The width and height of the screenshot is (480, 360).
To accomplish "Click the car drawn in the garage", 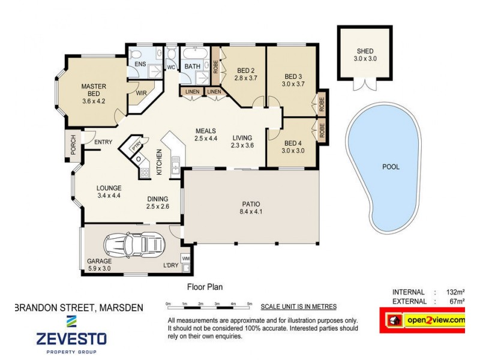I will click(x=134, y=244).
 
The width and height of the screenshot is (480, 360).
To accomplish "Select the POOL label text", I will click(x=391, y=167).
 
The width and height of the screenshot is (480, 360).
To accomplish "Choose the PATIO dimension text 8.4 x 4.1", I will click(x=251, y=211).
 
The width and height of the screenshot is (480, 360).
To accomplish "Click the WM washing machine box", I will click(x=185, y=259).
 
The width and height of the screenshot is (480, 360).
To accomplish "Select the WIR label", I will click(x=142, y=93).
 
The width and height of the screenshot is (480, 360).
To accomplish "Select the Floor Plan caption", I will click(x=205, y=287).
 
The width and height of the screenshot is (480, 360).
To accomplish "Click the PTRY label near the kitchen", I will click(x=137, y=145).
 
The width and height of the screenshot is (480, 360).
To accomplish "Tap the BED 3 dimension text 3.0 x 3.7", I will click(x=293, y=84).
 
